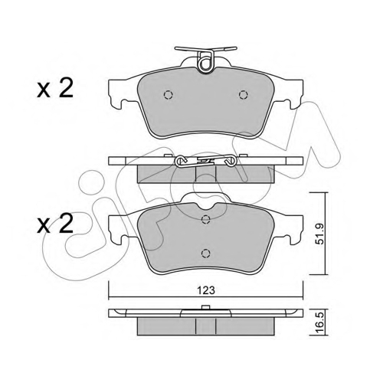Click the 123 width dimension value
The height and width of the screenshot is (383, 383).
point(206,290)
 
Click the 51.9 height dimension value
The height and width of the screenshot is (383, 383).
point(319,234)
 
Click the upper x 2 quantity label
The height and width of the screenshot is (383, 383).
point(55,88)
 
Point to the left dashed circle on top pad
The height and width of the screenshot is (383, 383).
point(168,95)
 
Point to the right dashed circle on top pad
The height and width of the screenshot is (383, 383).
point(244,95)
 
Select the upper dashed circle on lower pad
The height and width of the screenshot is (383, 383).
point(205,219)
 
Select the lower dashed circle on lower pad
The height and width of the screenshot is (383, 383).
point(205,254)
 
